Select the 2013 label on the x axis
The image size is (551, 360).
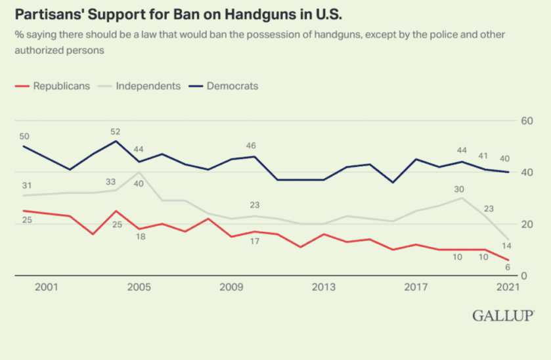tap(324, 287)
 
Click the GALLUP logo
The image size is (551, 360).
tap(502, 316)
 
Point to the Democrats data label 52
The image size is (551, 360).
tap(116, 132)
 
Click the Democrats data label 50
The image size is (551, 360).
tap(24, 136)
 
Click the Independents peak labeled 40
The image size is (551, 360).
tap(139, 183)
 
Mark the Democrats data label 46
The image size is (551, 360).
tap(251, 145)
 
